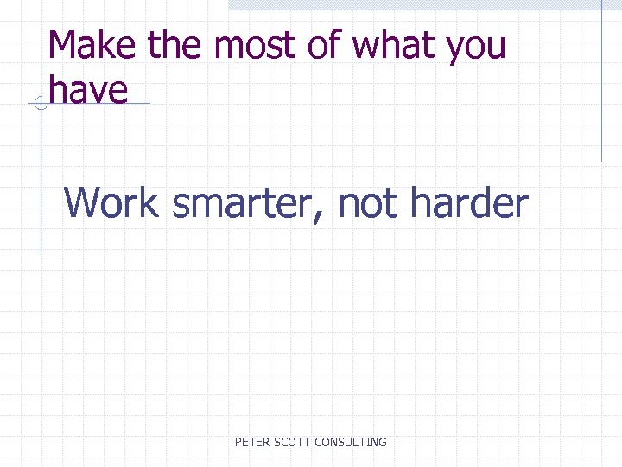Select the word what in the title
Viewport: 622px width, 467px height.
coord(393,45)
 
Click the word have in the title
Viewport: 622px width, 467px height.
coord(88,89)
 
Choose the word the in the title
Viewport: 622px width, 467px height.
coord(177,45)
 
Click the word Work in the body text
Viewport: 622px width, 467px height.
coord(111,203)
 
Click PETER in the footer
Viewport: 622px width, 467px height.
coord(253,442)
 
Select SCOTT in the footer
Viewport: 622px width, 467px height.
coord(294,442)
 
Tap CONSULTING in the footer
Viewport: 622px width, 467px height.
coord(351,442)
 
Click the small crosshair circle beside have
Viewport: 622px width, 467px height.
coord(39,105)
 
